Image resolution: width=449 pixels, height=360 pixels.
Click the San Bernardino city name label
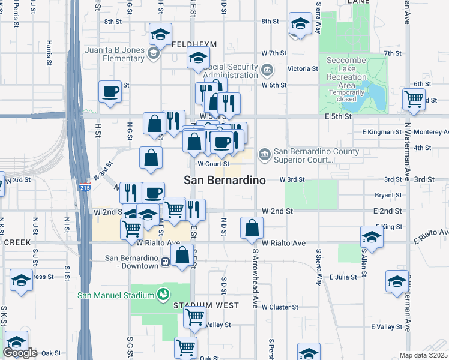224,180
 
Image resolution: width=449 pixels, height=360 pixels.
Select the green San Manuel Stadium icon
162,294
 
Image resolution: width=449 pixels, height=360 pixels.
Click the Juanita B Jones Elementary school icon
153,53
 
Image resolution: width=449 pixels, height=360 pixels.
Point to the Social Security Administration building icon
267,71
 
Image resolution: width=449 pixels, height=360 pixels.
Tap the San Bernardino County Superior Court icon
265,156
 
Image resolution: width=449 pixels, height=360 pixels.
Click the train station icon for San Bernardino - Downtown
166,262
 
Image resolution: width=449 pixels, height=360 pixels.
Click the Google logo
20,353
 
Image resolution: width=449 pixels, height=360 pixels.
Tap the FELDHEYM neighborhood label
191,45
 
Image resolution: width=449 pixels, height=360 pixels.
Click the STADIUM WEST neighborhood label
206,305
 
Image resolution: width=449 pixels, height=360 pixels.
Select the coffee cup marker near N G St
110,92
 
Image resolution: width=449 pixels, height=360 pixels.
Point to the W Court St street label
214,163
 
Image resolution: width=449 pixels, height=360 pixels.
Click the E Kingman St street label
381,132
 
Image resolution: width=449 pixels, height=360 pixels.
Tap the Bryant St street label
388,196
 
